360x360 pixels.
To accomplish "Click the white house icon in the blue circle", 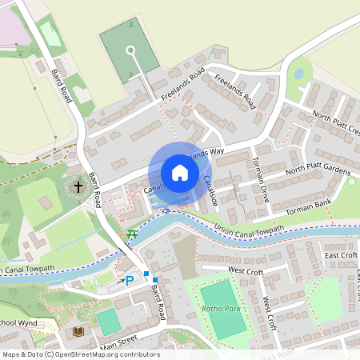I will click(180, 172).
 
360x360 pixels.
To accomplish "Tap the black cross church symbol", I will click(78, 187).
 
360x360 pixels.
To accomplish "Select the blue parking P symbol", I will click(130, 281).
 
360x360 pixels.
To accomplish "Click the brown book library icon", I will click(78, 330).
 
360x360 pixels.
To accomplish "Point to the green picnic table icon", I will click(133, 233).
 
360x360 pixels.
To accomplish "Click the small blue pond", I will click(298, 74).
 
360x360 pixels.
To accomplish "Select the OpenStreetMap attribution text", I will click(81, 354).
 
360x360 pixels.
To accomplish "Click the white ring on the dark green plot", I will click(130, 51).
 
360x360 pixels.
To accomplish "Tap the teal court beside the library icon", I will click(107, 322).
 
